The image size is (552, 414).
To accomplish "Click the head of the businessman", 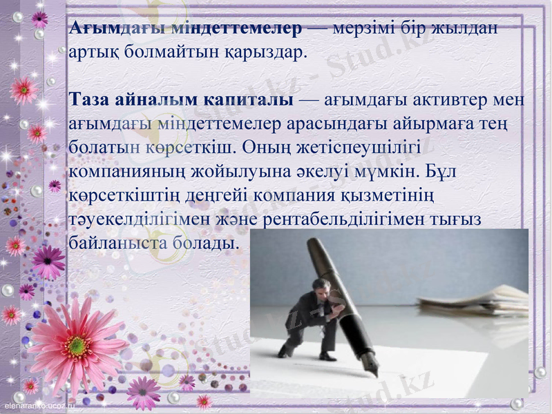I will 318,285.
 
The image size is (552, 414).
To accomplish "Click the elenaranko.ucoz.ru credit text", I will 39,406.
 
